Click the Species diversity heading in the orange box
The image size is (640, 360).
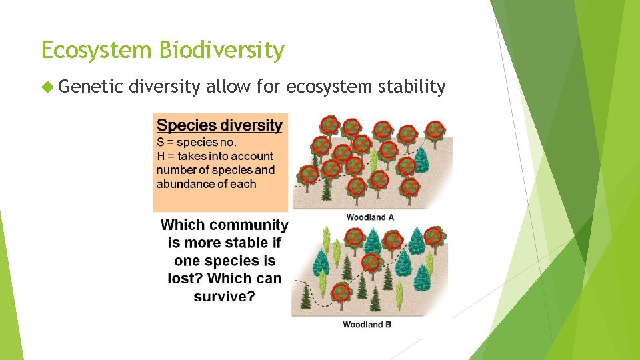tap(219, 125)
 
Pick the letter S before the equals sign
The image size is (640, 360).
tap(161, 142)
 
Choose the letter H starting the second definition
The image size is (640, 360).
tap(161, 156)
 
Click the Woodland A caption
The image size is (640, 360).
tap(370, 217)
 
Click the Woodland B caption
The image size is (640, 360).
tap(367, 325)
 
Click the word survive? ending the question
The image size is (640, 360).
tap(225, 297)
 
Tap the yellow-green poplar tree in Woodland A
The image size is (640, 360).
tap(374, 159)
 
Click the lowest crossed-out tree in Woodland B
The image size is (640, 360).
tap(341, 292)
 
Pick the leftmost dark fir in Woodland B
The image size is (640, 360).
tap(306, 297)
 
